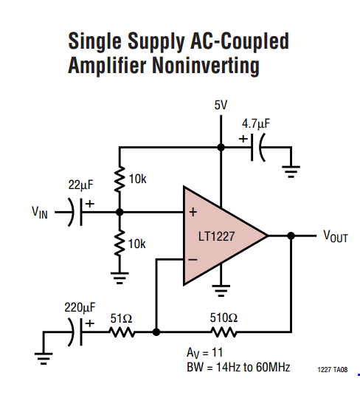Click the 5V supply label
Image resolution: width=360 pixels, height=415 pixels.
[x=221, y=105]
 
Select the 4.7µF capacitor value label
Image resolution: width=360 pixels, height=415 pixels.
[x=256, y=124]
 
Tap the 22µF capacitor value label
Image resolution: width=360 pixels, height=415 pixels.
[x=80, y=185]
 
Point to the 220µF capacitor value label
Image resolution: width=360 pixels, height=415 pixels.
[x=80, y=307]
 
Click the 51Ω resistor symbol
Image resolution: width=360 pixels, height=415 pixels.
[x=122, y=332]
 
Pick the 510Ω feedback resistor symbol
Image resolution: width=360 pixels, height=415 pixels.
[x=224, y=332]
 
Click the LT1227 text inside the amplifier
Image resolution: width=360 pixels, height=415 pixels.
[x=216, y=236]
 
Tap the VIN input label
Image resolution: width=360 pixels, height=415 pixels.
[x=40, y=213]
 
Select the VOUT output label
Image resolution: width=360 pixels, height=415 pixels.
[x=336, y=236]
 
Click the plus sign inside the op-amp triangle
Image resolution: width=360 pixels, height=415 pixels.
[x=193, y=212]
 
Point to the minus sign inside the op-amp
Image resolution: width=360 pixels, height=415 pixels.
[x=193, y=260]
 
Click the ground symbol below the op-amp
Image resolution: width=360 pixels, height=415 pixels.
[x=221, y=290]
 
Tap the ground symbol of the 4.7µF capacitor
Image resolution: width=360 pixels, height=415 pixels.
[x=291, y=171]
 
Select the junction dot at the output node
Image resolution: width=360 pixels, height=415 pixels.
[x=291, y=236]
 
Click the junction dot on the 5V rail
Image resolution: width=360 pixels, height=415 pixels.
[x=221, y=147]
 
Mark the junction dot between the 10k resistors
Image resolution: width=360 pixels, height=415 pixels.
[x=120, y=212]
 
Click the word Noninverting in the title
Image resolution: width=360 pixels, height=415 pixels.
[x=206, y=66]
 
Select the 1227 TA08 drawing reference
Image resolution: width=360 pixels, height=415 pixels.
[x=333, y=370]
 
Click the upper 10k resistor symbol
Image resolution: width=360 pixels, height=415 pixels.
[x=120, y=179]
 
